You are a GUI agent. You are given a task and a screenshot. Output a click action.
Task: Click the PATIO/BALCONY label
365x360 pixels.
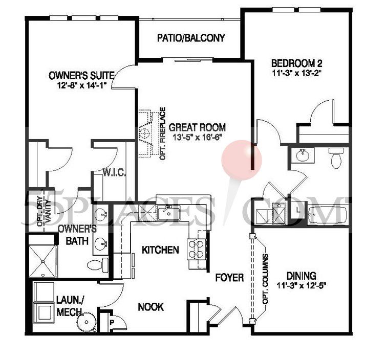(191, 38)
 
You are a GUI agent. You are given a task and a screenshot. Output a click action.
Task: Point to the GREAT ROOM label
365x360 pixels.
(197, 127)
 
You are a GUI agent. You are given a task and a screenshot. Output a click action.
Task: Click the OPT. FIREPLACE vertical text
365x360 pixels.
(162, 133)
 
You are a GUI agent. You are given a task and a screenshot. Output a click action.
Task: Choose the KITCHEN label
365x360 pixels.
(160, 250)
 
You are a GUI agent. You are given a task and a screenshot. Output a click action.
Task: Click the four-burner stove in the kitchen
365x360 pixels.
(196, 249)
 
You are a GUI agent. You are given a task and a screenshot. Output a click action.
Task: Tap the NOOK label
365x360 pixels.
(151, 307)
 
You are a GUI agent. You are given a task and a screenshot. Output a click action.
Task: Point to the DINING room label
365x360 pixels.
(302, 275)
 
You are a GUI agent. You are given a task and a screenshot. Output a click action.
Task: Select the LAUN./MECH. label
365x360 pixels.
(70, 306)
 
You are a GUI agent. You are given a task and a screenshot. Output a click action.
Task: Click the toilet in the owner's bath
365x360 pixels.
(97, 265)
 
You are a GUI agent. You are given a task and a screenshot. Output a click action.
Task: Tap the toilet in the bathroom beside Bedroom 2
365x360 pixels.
(336, 157)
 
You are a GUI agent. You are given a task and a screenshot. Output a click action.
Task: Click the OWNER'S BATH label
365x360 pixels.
(77, 234)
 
